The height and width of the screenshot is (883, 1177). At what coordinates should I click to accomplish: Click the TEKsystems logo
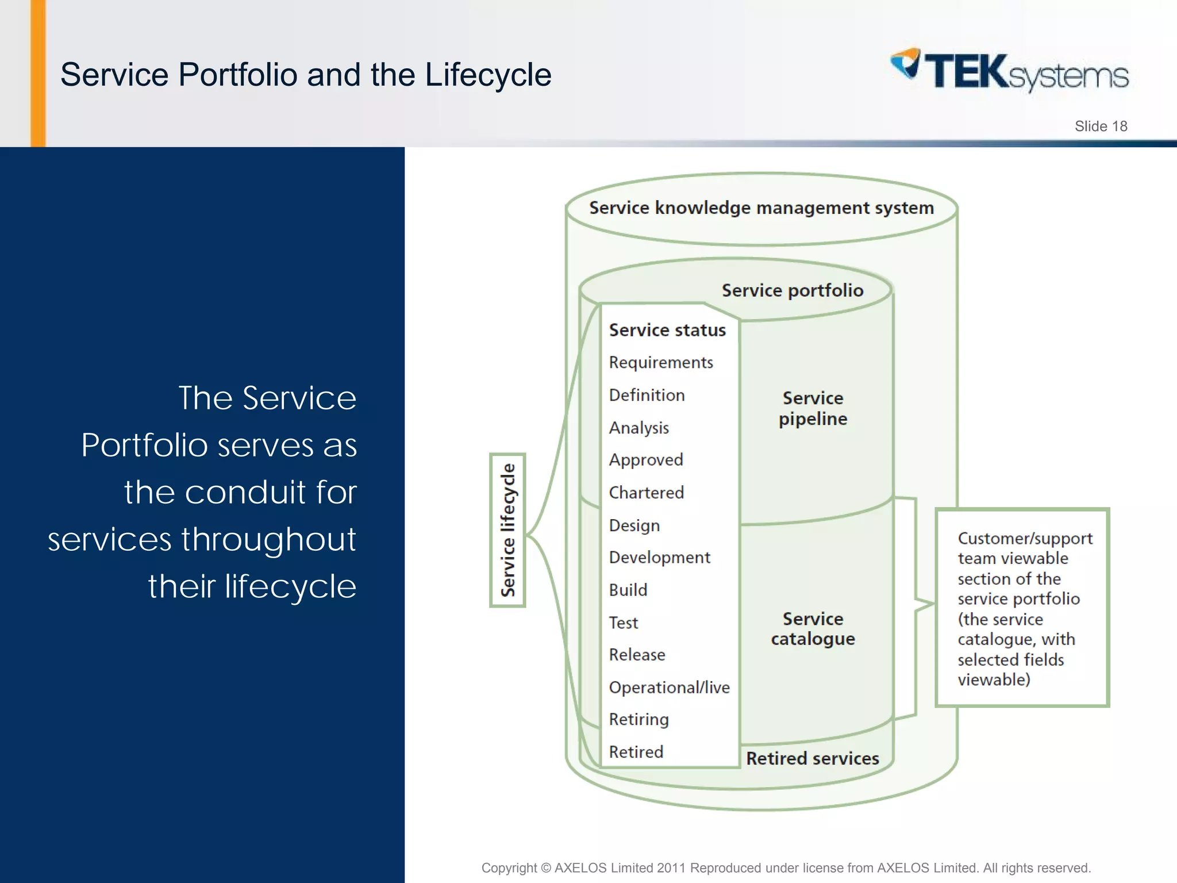tap(1010, 71)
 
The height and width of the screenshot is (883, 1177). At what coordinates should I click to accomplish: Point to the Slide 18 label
tap(1101, 126)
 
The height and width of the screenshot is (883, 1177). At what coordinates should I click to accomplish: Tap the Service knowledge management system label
tap(761, 208)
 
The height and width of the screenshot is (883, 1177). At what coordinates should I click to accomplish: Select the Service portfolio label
tap(792, 290)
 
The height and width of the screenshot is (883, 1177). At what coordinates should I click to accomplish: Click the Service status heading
tap(667, 330)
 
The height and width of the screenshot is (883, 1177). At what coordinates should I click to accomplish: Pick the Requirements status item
tap(661, 362)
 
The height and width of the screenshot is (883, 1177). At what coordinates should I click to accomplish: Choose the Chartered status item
tap(646, 493)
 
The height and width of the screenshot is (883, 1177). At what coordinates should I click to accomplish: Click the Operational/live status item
tap(669, 687)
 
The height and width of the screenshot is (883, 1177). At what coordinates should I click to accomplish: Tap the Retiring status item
tap(638, 719)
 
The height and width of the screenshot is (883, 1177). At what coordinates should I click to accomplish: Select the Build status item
tap(628, 590)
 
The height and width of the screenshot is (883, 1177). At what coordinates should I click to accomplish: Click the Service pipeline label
tap(813, 408)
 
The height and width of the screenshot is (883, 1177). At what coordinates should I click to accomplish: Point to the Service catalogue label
tap(813, 628)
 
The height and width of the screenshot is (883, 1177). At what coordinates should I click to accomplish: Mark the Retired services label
tap(812, 758)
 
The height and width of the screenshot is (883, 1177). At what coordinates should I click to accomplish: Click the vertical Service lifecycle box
tap(507, 530)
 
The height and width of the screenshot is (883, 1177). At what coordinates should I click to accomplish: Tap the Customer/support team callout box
tap(1022, 608)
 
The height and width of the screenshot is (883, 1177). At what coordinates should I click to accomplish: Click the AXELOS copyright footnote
tap(786, 867)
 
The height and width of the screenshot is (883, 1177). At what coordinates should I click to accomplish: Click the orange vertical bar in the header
tap(38, 73)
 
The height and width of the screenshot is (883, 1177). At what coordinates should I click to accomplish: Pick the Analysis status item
tap(638, 428)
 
